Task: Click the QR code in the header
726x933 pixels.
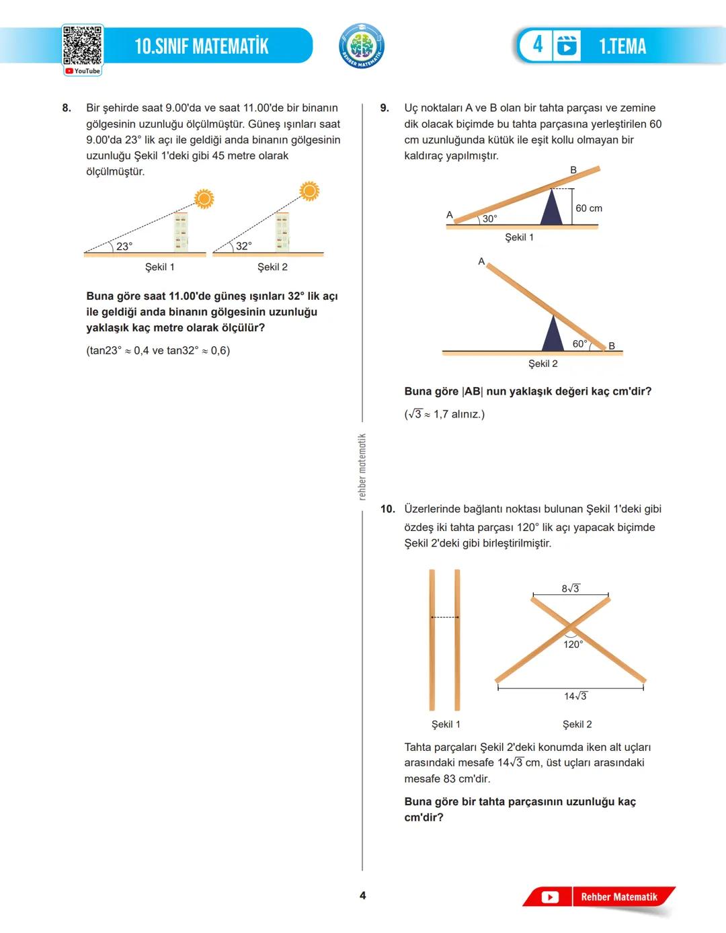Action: click(x=83, y=46)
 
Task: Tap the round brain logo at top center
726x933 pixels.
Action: click(x=362, y=46)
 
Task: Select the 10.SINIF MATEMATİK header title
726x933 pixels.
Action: click(x=202, y=46)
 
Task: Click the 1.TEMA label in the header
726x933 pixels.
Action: click(x=622, y=46)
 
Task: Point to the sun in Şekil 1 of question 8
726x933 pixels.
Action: click(x=204, y=198)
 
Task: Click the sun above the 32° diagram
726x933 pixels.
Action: click(x=309, y=191)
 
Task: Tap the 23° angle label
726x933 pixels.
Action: click(x=124, y=247)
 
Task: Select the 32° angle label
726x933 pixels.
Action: click(x=243, y=246)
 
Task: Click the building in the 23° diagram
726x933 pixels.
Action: click(x=181, y=233)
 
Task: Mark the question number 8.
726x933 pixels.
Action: click(x=67, y=108)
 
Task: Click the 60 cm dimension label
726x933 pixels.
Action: click(x=589, y=208)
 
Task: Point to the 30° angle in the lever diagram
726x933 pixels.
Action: click(x=490, y=218)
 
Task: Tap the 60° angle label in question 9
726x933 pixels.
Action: click(x=579, y=343)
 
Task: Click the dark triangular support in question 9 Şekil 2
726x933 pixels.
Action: click(x=553, y=334)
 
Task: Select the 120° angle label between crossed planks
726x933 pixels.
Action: click(x=573, y=644)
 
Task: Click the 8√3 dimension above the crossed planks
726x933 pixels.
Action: click(x=571, y=588)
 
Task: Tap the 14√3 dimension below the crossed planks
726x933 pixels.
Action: click(x=575, y=696)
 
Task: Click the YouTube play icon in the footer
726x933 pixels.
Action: click(x=550, y=897)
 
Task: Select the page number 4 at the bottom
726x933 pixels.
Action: click(x=363, y=895)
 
